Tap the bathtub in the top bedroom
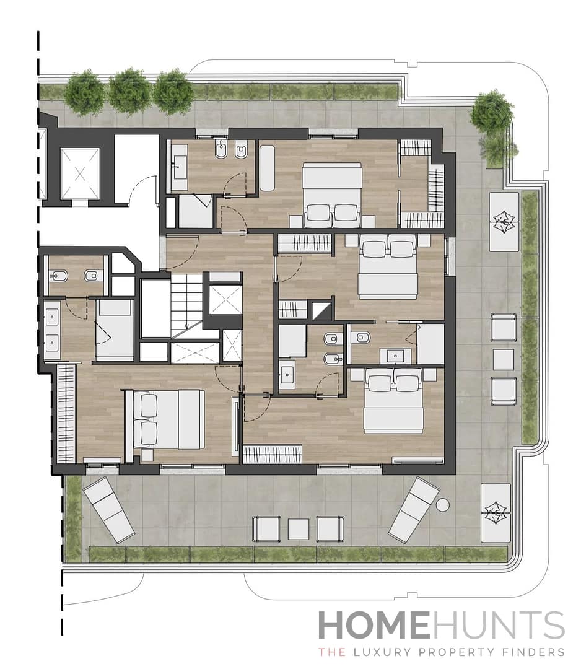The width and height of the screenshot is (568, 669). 267,168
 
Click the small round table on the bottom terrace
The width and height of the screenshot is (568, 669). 442,505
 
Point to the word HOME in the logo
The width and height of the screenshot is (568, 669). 374,626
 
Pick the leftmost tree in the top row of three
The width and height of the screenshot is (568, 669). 84,93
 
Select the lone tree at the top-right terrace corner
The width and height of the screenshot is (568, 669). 491,112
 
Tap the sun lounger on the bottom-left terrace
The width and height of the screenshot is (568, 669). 108,509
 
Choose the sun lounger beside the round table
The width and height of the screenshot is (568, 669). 414,509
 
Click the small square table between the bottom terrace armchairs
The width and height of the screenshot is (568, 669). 298,529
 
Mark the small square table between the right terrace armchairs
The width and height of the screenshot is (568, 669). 503,359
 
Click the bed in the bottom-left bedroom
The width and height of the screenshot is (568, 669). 166,419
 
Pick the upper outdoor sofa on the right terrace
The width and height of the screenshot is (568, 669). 504,222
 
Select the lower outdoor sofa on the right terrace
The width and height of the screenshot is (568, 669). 496,513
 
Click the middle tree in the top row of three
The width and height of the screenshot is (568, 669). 129,92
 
